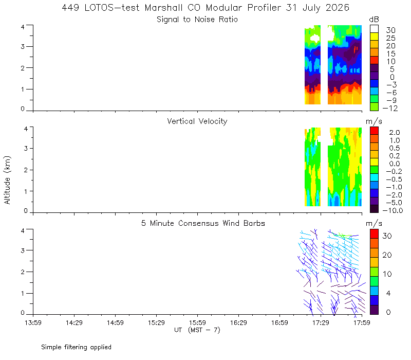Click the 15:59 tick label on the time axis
tap(197, 322)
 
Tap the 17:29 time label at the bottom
tap(321, 322)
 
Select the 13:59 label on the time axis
tap(33, 322)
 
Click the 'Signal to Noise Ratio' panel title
tap(197, 20)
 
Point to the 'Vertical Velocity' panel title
tap(197, 121)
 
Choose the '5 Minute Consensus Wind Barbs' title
tap(203, 223)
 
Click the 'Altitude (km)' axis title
tap(7, 180)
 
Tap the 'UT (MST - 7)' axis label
tap(197, 330)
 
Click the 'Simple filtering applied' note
tap(76, 347)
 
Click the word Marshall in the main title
tap(163, 8)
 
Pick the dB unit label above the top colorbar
tap(374, 20)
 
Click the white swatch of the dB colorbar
tap(374, 29)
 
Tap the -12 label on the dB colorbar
tap(390, 108)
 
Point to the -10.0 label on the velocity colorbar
tap(393, 210)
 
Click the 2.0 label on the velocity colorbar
tap(395, 133)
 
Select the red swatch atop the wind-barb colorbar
tap(374, 234)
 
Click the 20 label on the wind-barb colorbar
tap(387, 255)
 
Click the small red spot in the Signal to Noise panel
tap(356, 49)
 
